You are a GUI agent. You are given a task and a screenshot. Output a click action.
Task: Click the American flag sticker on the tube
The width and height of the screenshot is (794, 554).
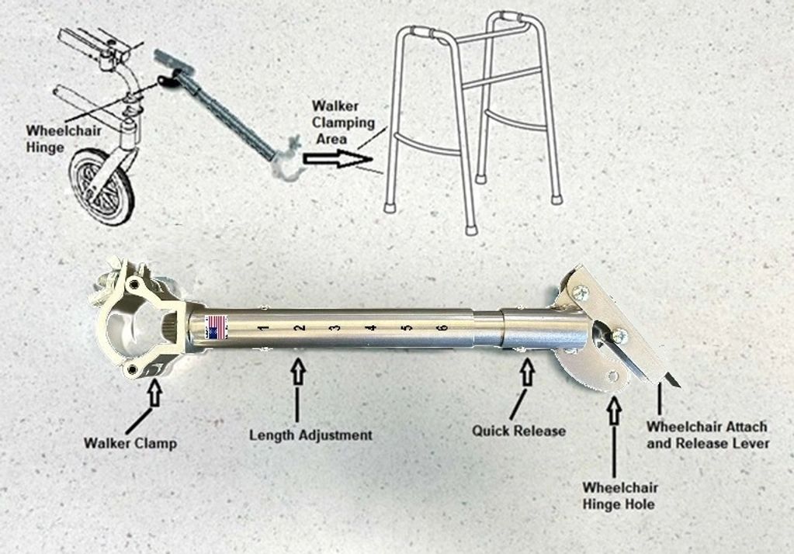coord(217,327)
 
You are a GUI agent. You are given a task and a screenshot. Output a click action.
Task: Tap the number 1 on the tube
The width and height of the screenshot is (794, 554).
coord(263,328)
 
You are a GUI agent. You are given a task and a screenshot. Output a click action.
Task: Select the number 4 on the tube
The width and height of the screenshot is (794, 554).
coord(373,328)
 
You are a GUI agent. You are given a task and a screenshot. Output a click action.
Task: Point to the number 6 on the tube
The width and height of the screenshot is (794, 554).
coord(443,327)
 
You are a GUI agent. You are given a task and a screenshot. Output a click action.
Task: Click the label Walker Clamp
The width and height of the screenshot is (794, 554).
coord(130,443)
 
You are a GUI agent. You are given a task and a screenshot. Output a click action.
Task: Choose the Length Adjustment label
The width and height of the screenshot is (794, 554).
coord(310,435)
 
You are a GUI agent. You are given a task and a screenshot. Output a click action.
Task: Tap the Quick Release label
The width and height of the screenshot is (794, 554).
coord(518,431)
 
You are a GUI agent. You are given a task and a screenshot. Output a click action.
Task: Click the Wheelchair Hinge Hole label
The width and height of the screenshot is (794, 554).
coord(620,496)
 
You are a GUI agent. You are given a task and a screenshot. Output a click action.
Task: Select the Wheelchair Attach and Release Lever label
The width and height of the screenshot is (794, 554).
coord(707,435)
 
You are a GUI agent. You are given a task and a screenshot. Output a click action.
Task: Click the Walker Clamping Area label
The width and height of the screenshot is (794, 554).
coord(343,122)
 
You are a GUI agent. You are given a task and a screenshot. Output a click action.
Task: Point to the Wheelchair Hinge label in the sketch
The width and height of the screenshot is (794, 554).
coord(64,139)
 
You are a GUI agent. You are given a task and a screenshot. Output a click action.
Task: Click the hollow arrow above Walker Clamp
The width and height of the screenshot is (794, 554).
coord(155,393)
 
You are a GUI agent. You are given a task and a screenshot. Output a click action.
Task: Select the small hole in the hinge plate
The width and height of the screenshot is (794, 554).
coord(613,376)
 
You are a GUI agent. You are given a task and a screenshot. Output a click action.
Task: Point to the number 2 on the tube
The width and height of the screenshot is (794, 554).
coord(300,328)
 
